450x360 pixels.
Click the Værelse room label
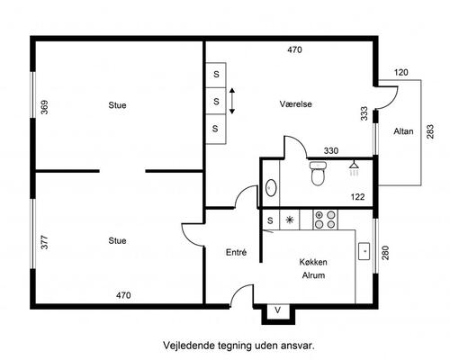pyautogui.click(x=295, y=104)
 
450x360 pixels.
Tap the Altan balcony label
pyautogui.click(x=403, y=131)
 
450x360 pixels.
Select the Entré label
pyautogui.click(x=236, y=252)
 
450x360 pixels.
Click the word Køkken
pyautogui.click(x=313, y=262)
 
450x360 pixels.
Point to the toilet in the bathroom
pyautogui.click(x=318, y=174)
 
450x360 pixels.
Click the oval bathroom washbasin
pyautogui.click(x=271, y=188)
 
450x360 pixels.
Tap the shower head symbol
pyautogui.click(x=355, y=168)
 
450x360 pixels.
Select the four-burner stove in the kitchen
pyautogui.click(x=325, y=220)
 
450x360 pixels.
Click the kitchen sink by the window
pyautogui.click(x=364, y=251)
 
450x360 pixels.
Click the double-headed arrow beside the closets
pyautogui.click(x=232, y=101)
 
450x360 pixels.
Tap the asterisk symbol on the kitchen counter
pyautogui.click(x=290, y=220)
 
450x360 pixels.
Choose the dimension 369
pyautogui.click(x=44, y=107)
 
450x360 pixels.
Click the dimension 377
pyautogui.click(x=44, y=242)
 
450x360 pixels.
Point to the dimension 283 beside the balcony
pyautogui.click(x=430, y=131)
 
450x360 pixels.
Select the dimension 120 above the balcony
pyautogui.click(x=401, y=72)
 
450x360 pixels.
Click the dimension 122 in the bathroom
pyautogui.click(x=357, y=197)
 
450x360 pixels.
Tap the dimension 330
pyautogui.click(x=331, y=150)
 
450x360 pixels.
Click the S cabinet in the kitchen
pyautogui.click(x=271, y=220)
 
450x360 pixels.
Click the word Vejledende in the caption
pyautogui.click(x=189, y=346)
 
